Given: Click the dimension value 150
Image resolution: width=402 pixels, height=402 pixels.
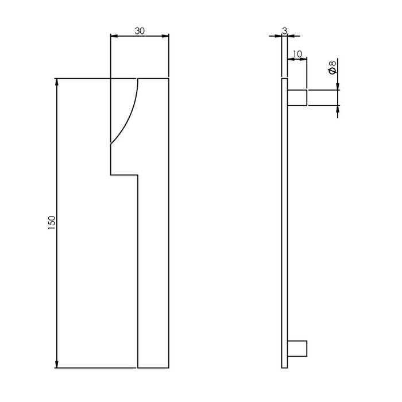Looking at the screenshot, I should (51, 223).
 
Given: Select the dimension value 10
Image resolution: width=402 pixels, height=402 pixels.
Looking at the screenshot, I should (297, 54).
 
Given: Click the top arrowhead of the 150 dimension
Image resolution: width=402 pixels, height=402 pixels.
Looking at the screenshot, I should (57, 82).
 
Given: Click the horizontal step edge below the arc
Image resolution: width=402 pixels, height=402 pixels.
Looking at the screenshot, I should (124, 173).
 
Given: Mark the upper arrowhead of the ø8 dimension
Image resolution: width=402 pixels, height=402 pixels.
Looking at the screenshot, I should (338, 86).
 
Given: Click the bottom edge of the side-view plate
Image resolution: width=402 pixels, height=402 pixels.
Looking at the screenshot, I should (284, 368).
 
